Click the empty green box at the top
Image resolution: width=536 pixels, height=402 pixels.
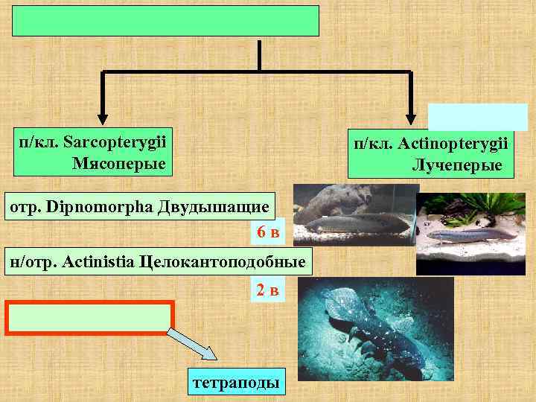(165, 21)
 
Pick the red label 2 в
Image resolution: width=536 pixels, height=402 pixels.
(268, 290)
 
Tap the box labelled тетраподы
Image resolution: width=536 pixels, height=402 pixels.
(236, 383)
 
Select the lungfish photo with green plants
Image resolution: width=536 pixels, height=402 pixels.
(470, 234)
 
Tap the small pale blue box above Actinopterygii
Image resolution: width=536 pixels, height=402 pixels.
(477, 117)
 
